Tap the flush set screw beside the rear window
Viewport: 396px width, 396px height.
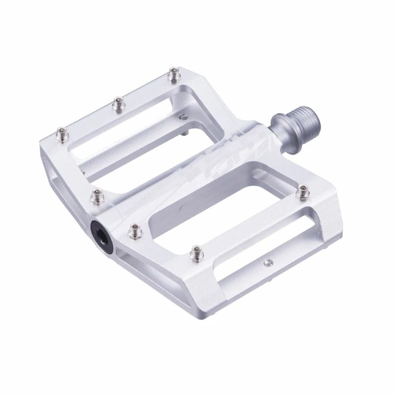coord(184,117)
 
